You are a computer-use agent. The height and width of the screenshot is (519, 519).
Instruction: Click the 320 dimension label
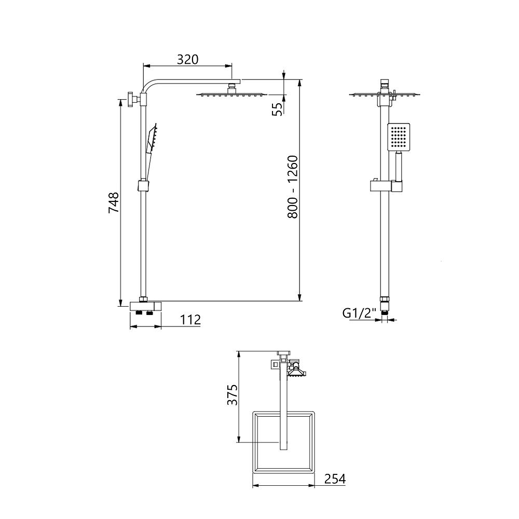tap(188, 59)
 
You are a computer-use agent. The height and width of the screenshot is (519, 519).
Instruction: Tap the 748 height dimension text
tap(114, 202)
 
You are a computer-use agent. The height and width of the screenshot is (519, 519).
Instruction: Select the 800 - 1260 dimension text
tap(293, 187)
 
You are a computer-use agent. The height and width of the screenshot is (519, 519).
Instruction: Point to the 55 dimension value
tap(277, 109)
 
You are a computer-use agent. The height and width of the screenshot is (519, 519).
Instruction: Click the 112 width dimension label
tap(190, 320)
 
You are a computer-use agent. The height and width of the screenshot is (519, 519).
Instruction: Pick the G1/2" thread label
tap(360, 312)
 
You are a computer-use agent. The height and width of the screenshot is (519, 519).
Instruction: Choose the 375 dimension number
tap(233, 394)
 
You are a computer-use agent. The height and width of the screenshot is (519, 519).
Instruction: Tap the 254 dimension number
tap(335, 479)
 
